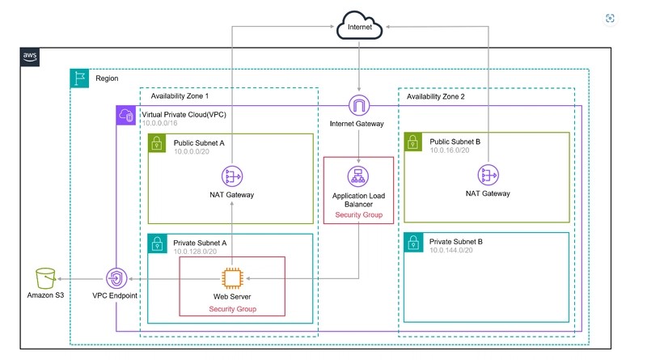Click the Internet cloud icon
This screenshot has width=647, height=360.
tap(359, 26)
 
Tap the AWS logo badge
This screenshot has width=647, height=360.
tap(30, 57)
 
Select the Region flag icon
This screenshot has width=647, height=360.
tap(79, 78)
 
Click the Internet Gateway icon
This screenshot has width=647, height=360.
tap(358, 105)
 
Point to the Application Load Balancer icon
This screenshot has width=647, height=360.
tap(358, 176)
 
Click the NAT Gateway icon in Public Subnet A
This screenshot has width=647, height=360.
tap(232, 176)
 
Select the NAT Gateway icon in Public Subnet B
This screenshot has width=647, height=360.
tap(488, 175)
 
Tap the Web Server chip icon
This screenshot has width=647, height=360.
tap(232, 278)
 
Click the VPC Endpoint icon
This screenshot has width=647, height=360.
tap(116, 278)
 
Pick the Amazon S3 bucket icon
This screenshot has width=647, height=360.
tap(45, 278)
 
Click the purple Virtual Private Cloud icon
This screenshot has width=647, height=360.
tap(126, 115)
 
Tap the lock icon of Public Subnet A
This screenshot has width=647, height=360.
tap(157, 143)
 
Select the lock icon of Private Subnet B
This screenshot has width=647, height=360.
tap(413, 243)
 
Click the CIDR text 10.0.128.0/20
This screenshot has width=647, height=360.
tap(195, 252)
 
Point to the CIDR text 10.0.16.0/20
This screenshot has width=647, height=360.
tap(450, 150)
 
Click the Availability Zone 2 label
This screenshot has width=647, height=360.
tap(436, 96)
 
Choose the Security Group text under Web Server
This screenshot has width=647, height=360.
tap(233, 309)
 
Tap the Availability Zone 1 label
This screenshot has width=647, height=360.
tap(180, 96)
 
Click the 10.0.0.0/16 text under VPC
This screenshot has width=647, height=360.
tap(159, 123)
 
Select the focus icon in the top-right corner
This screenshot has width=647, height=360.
tap(610, 18)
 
